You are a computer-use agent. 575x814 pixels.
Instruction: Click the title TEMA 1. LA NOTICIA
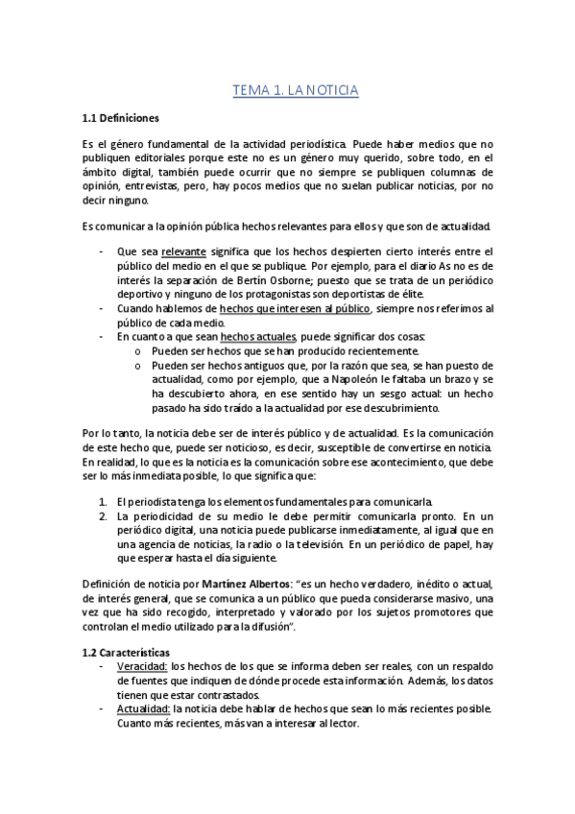click(x=296, y=90)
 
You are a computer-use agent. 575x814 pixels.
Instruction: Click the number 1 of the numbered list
click(x=104, y=501)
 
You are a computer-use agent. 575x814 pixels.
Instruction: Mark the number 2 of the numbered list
click(x=104, y=515)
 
